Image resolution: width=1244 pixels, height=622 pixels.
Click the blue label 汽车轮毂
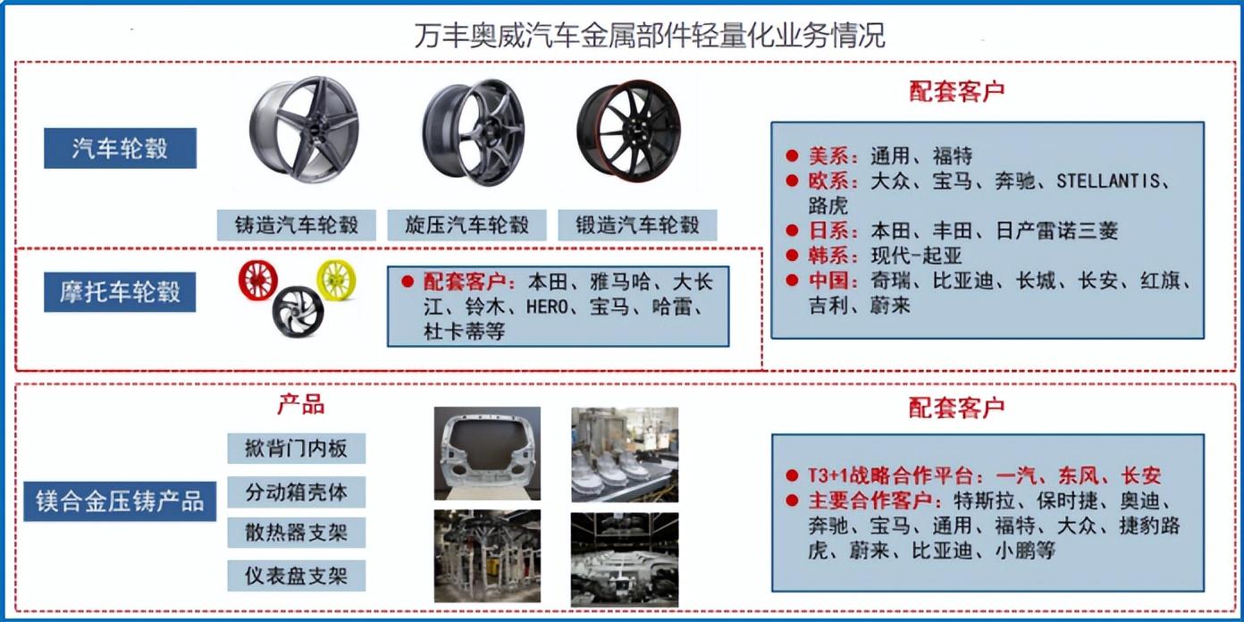click(120, 148)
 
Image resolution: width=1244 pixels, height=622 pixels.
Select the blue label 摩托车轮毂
click(120, 291)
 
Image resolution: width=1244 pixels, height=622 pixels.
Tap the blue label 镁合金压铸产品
click(120, 501)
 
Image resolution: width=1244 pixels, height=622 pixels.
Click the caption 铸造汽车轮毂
click(297, 225)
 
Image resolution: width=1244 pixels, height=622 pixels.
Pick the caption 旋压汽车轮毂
click(467, 225)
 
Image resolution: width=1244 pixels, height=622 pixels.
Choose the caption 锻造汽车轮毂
click(637, 225)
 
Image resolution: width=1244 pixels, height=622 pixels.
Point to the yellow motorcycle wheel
click(336, 280)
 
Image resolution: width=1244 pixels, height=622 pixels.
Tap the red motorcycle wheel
click(258, 280)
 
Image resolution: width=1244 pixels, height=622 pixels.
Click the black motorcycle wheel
click(298, 311)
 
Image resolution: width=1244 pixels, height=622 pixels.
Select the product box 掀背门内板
click(297, 448)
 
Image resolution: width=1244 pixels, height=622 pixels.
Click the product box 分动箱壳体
click(297, 492)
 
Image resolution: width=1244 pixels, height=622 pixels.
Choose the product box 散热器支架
click(297, 533)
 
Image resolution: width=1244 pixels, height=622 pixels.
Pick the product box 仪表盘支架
click(297, 576)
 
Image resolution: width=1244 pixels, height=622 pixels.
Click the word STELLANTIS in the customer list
click(1108, 181)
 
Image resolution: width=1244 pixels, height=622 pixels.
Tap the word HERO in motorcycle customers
click(547, 307)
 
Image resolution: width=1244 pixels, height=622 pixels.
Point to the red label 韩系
click(828, 256)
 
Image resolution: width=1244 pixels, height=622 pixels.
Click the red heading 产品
click(301, 405)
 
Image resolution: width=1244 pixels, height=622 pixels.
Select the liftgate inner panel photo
click(487, 454)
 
